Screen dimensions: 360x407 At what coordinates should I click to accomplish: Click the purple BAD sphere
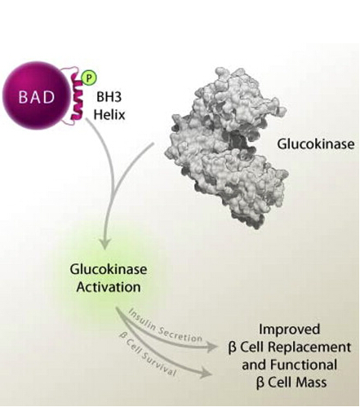pyautogui.click(x=36, y=95)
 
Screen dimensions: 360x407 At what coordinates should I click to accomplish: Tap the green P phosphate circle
pyautogui.click(x=89, y=77)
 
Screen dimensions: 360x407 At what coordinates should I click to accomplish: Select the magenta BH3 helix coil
pyautogui.click(x=77, y=97)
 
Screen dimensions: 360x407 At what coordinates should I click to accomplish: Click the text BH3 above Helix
pyautogui.click(x=109, y=96)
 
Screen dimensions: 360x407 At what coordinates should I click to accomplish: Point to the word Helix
pyautogui.click(x=109, y=114)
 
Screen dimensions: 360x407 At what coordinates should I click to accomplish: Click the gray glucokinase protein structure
pyautogui.click(x=225, y=147)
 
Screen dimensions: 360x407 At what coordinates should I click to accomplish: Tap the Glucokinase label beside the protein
pyautogui.click(x=316, y=144)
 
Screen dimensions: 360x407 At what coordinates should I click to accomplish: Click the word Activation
pyautogui.click(x=109, y=287)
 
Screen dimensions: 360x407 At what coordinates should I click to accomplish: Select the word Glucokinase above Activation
pyautogui.click(x=109, y=269)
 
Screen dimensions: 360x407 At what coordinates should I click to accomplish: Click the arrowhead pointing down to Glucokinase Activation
pyautogui.click(x=105, y=244)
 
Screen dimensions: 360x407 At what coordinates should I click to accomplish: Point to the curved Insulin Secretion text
pyautogui.click(x=165, y=326)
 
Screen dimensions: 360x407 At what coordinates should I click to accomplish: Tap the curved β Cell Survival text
pyautogui.click(x=147, y=355)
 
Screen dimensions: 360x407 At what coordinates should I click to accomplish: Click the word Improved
pyautogui.click(x=289, y=330)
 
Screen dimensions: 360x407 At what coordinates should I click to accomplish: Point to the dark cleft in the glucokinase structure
pyautogui.click(x=239, y=144)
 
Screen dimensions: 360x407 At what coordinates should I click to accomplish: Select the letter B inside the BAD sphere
pyautogui.click(x=23, y=96)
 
